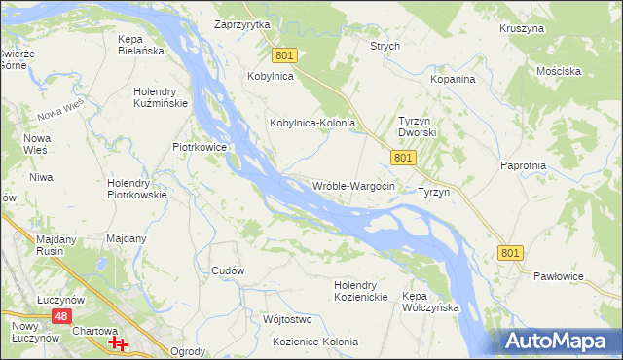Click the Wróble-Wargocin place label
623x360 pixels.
point(353,186)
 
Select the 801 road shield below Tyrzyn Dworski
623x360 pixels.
point(403,157)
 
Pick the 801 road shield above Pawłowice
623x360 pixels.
point(510,252)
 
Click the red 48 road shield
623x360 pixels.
point(60,316)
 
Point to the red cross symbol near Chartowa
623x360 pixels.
point(119,343)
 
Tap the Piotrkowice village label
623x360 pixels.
point(200,148)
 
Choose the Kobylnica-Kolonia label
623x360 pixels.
point(312,124)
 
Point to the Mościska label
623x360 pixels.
point(559,71)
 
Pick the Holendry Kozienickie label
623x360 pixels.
point(361,290)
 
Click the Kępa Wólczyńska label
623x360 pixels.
point(430,301)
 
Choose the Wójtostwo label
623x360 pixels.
point(286,319)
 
